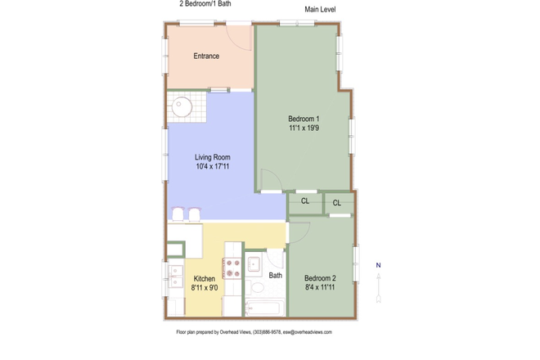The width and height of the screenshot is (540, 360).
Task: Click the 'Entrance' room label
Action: pyautogui.click(x=206, y=56)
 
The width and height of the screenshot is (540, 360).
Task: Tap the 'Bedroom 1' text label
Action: pyautogui.click(x=304, y=119)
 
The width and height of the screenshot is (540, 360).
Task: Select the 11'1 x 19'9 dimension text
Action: pyautogui.click(x=304, y=128)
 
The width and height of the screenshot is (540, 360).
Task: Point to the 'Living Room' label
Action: pyautogui.click(x=212, y=157)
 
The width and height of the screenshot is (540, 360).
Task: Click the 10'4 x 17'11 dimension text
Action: pyautogui.click(x=212, y=167)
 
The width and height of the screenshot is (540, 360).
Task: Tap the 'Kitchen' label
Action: pyautogui.click(x=204, y=279)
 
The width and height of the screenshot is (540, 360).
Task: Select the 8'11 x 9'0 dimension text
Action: pyautogui.click(x=204, y=288)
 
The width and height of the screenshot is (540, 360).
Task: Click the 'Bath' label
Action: pyautogui.click(x=276, y=276)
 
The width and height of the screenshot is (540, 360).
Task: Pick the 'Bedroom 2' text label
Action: pyautogui.click(x=321, y=278)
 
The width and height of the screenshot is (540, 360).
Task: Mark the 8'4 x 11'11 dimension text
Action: pyautogui.click(x=321, y=288)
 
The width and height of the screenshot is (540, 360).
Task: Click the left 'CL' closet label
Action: pyautogui.click(x=305, y=200)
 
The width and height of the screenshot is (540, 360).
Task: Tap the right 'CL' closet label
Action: pyautogui.click(x=337, y=203)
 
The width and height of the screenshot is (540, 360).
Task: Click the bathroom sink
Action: pyautogui.click(x=254, y=263)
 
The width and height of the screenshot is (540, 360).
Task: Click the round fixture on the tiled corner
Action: pyautogui.click(x=182, y=106)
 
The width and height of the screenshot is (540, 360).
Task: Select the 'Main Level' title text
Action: pyautogui.click(x=321, y=10)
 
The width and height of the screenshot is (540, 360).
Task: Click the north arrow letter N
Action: pyautogui.click(x=378, y=265)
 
